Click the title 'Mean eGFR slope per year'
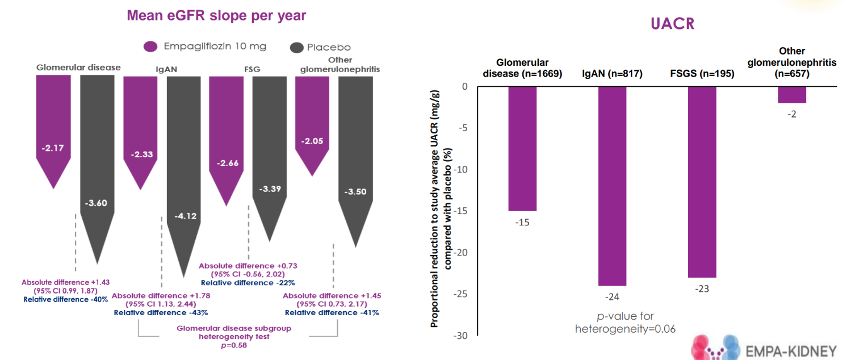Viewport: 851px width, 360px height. pyautogui.click(x=216, y=15)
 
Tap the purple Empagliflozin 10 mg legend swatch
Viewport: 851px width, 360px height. pyautogui.click(x=150, y=47)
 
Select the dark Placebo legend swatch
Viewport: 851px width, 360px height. pyautogui.click(x=296, y=47)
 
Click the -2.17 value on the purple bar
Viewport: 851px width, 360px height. pyautogui.click(x=53, y=148)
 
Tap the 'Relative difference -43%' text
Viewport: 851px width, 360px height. pyautogui.click(x=161, y=312)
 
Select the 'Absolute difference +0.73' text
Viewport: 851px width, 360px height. pyautogui.click(x=248, y=265)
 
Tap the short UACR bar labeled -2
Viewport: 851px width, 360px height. pyautogui.click(x=791, y=95)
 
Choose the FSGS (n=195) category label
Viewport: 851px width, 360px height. pyautogui.click(x=702, y=73)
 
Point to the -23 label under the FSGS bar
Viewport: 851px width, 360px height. pyautogui.click(x=702, y=288)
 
